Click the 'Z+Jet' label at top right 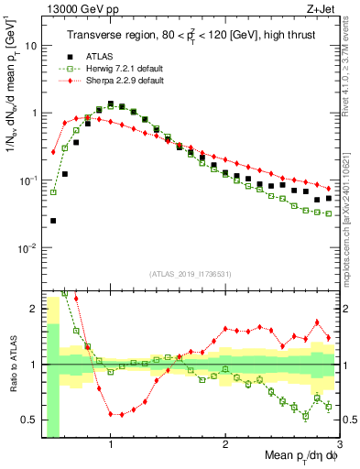click(324, 8)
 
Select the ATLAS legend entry click(101, 56)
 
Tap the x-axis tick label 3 click(339, 446)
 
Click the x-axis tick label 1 click(110, 446)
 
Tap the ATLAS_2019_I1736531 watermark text click(190, 274)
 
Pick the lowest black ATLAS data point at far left click(53, 221)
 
